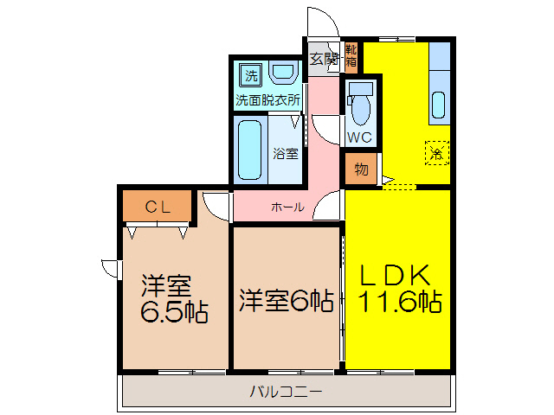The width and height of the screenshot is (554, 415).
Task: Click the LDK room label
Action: [x=396, y=275]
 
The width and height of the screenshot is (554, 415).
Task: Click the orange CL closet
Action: [x=156, y=206]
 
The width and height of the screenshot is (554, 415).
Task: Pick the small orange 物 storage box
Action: [x=361, y=169]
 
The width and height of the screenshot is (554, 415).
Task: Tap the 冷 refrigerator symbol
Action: [x=437, y=154]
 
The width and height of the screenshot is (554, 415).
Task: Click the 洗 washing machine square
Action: [x=250, y=74]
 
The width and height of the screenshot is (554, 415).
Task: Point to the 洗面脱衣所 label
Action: [x=268, y=99]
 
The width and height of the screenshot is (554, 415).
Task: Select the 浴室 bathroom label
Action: [x=285, y=154]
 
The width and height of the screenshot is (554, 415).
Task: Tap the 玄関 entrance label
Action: [x=324, y=60]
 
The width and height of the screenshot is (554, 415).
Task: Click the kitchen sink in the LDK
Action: [x=438, y=105]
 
